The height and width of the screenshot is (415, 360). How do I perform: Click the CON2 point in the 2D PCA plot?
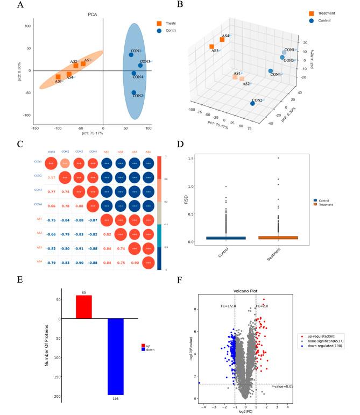point(134,93)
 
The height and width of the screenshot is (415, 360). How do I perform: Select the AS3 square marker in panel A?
point(58,77)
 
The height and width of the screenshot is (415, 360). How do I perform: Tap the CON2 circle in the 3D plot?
point(252,103)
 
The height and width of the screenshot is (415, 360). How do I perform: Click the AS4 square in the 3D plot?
point(222,39)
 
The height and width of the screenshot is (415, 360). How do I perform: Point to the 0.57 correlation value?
point(52,177)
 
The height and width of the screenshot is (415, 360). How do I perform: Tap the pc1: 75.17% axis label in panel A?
point(92,133)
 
